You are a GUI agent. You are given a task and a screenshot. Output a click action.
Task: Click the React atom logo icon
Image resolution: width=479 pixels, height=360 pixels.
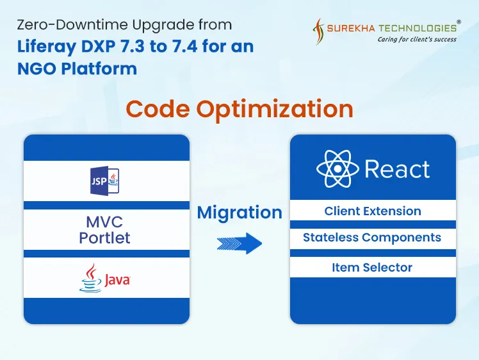click(337, 169)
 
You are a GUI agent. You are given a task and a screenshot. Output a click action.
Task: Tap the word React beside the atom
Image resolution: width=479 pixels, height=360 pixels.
click(397, 170)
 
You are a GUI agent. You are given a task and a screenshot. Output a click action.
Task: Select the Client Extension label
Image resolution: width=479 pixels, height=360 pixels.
click(373, 211)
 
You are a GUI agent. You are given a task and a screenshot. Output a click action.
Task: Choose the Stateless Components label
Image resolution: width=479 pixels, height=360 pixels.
click(372, 238)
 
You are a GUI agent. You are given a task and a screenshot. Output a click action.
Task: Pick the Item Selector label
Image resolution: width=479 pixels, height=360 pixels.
click(372, 267)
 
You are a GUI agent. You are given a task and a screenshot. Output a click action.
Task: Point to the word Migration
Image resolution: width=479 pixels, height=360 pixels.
click(239, 213)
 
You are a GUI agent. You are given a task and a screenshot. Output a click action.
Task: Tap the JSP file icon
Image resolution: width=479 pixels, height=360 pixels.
click(104, 181)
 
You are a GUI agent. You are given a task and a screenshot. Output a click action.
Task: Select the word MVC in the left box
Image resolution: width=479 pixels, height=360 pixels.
click(104, 222)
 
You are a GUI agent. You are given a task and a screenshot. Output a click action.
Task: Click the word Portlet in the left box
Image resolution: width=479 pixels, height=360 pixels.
click(104, 238)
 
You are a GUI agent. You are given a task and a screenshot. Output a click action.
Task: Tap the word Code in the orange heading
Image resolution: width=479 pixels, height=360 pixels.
click(158, 109)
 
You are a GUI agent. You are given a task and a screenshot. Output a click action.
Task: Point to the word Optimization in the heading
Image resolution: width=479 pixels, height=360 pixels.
click(275, 109)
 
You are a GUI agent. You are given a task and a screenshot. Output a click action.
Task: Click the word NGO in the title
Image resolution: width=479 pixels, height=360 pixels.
click(33, 68)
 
